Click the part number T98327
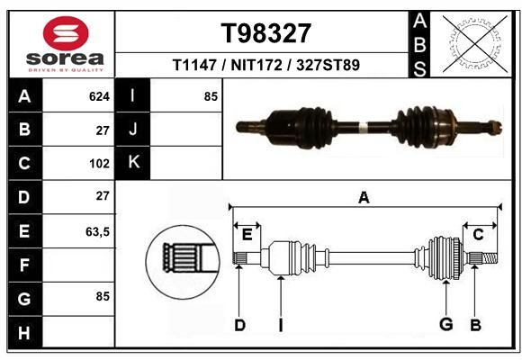[x=266, y=33]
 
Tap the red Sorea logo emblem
[x=66, y=33]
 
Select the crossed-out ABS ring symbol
[x=476, y=43]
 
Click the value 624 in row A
[x=99, y=96]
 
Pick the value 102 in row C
[x=99, y=164]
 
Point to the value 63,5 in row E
[x=97, y=231]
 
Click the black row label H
[x=24, y=333]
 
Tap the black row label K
[x=133, y=163]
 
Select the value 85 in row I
[x=211, y=96]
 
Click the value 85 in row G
[x=103, y=296]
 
